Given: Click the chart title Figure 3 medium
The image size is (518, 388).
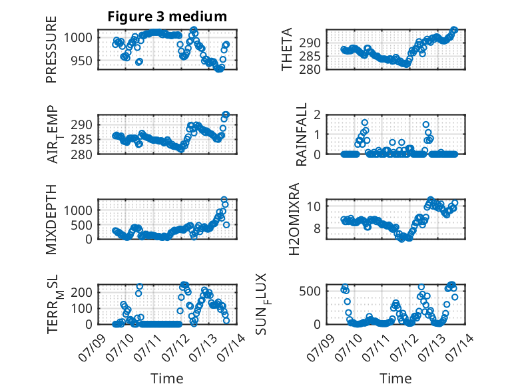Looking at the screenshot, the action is point(167,17).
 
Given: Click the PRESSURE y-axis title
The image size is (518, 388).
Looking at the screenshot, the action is point(51,49).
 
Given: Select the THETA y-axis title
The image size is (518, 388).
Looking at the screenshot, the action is point(287,49).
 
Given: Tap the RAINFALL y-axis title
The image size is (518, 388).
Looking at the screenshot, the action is point(302,134).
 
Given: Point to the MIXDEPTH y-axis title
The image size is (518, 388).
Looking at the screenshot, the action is point(51,219).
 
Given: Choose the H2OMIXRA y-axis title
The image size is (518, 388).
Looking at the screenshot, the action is point(294,219).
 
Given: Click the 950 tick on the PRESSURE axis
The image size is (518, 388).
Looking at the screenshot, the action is point(82,61).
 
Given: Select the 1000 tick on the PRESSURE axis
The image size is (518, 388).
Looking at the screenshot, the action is point(78,38).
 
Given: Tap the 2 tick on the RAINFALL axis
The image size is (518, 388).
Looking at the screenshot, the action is point(318,115).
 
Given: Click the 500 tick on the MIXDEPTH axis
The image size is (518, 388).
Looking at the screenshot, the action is point(82,225).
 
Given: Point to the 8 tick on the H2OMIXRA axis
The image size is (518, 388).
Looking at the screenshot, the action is point(318,228).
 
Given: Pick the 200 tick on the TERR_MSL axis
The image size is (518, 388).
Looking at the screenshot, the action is point(82,292).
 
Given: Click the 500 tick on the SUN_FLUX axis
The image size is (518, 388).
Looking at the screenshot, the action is point(310,291).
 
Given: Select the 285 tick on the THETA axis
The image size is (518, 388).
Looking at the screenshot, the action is point(310,57).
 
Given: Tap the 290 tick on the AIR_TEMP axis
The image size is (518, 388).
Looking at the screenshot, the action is point(82,125).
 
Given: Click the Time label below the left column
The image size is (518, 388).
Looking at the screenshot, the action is point(167,378).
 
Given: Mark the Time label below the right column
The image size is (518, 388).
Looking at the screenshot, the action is point(395,378).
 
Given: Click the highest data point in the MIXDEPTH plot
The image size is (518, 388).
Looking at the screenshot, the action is point(224,200).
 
